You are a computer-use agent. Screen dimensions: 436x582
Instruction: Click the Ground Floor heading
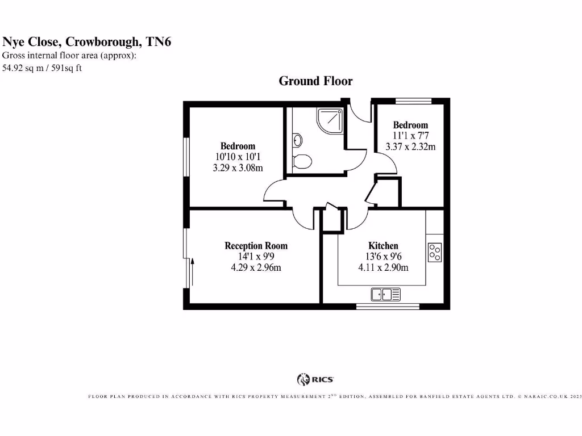click(x=315, y=81)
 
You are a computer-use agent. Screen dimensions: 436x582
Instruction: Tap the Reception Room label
click(x=256, y=246)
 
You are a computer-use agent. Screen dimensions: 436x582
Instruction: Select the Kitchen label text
click(x=383, y=246)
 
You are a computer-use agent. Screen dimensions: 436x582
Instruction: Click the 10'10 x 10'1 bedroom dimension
click(x=238, y=157)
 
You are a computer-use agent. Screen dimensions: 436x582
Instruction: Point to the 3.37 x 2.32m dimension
click(x=410, y=147)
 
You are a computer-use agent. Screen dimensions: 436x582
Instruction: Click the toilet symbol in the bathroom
click(x=301, y=161)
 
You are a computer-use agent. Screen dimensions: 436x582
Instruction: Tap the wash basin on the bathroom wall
click(x=297, y=140)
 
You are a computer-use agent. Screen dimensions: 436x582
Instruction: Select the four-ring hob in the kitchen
click(x=435, y=253)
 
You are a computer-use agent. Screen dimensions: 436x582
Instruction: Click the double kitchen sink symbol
click(x=386, y=294)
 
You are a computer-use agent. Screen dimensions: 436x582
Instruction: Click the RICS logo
click(x=315, y=379)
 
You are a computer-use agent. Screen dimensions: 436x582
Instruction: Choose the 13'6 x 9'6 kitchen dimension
click(x=383, y=257)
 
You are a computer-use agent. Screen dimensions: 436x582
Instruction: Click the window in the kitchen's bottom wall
click(x=388, y=307)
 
